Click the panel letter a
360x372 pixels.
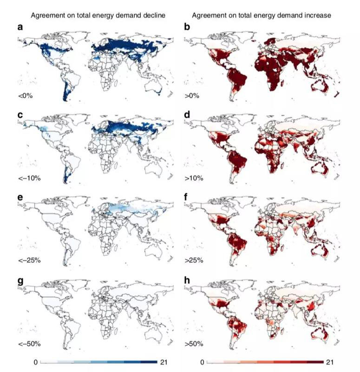coord(20,27)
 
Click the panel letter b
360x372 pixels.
coord(187,27)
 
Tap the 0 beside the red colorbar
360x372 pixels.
coord(202,362)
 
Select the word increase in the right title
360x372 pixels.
coord(318,15)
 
